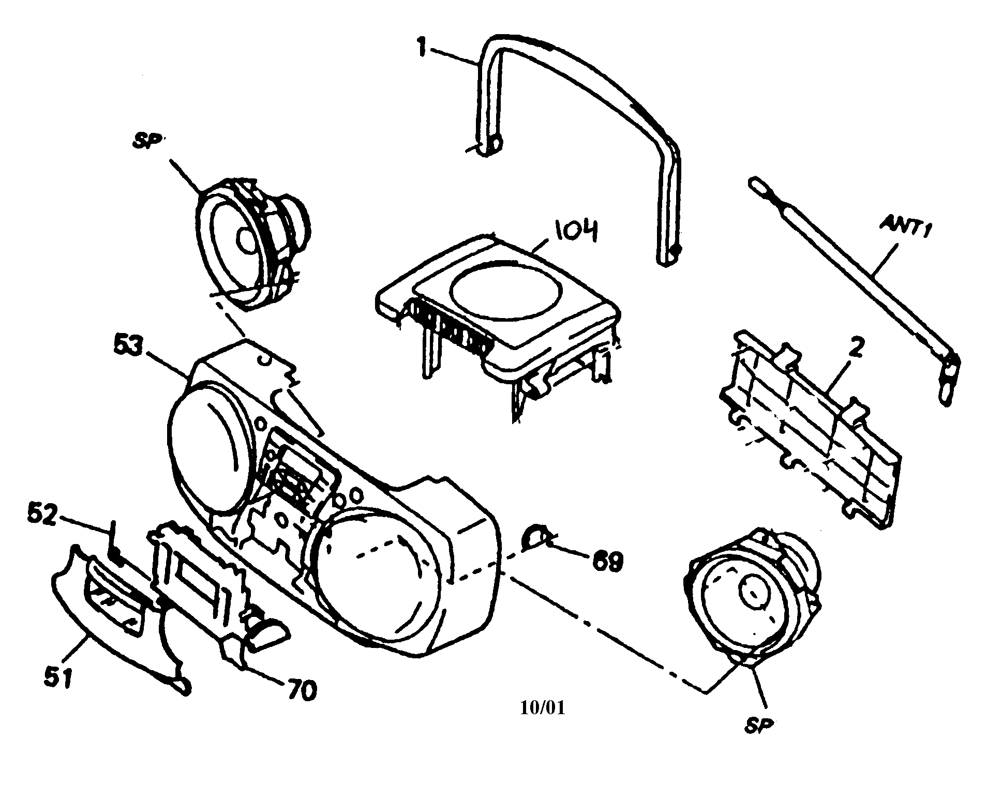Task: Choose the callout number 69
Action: [605, 562]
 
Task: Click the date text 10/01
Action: [542, 708]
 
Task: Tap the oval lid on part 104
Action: [506, 289]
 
